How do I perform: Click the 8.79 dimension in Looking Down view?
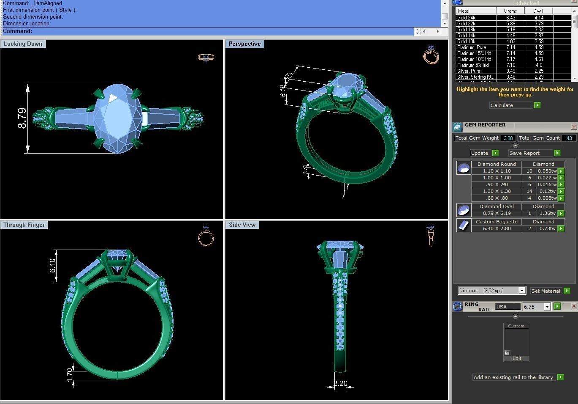[x=22, y=118]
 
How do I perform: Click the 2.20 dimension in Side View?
[x=340, y=383]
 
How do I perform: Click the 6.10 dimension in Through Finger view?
[x=53, y=265]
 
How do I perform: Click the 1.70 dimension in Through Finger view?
[x=70, y=374]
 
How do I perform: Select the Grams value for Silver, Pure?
[x=510, y=71]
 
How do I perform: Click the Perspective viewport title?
[x=244, y=44]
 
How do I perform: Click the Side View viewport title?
[x=242, y=225]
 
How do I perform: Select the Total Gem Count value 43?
[x=569, y=138]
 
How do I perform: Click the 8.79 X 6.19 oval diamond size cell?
[x=497, y=213]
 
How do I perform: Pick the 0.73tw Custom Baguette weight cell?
[x=547, y=228]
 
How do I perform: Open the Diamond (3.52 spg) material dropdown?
[x=522, y=291]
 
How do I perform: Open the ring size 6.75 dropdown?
[x=547, y=307]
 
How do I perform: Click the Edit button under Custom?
[x=517, y=358]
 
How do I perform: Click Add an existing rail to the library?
[x=513, y=377]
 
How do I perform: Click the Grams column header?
[x=510, y=11]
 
